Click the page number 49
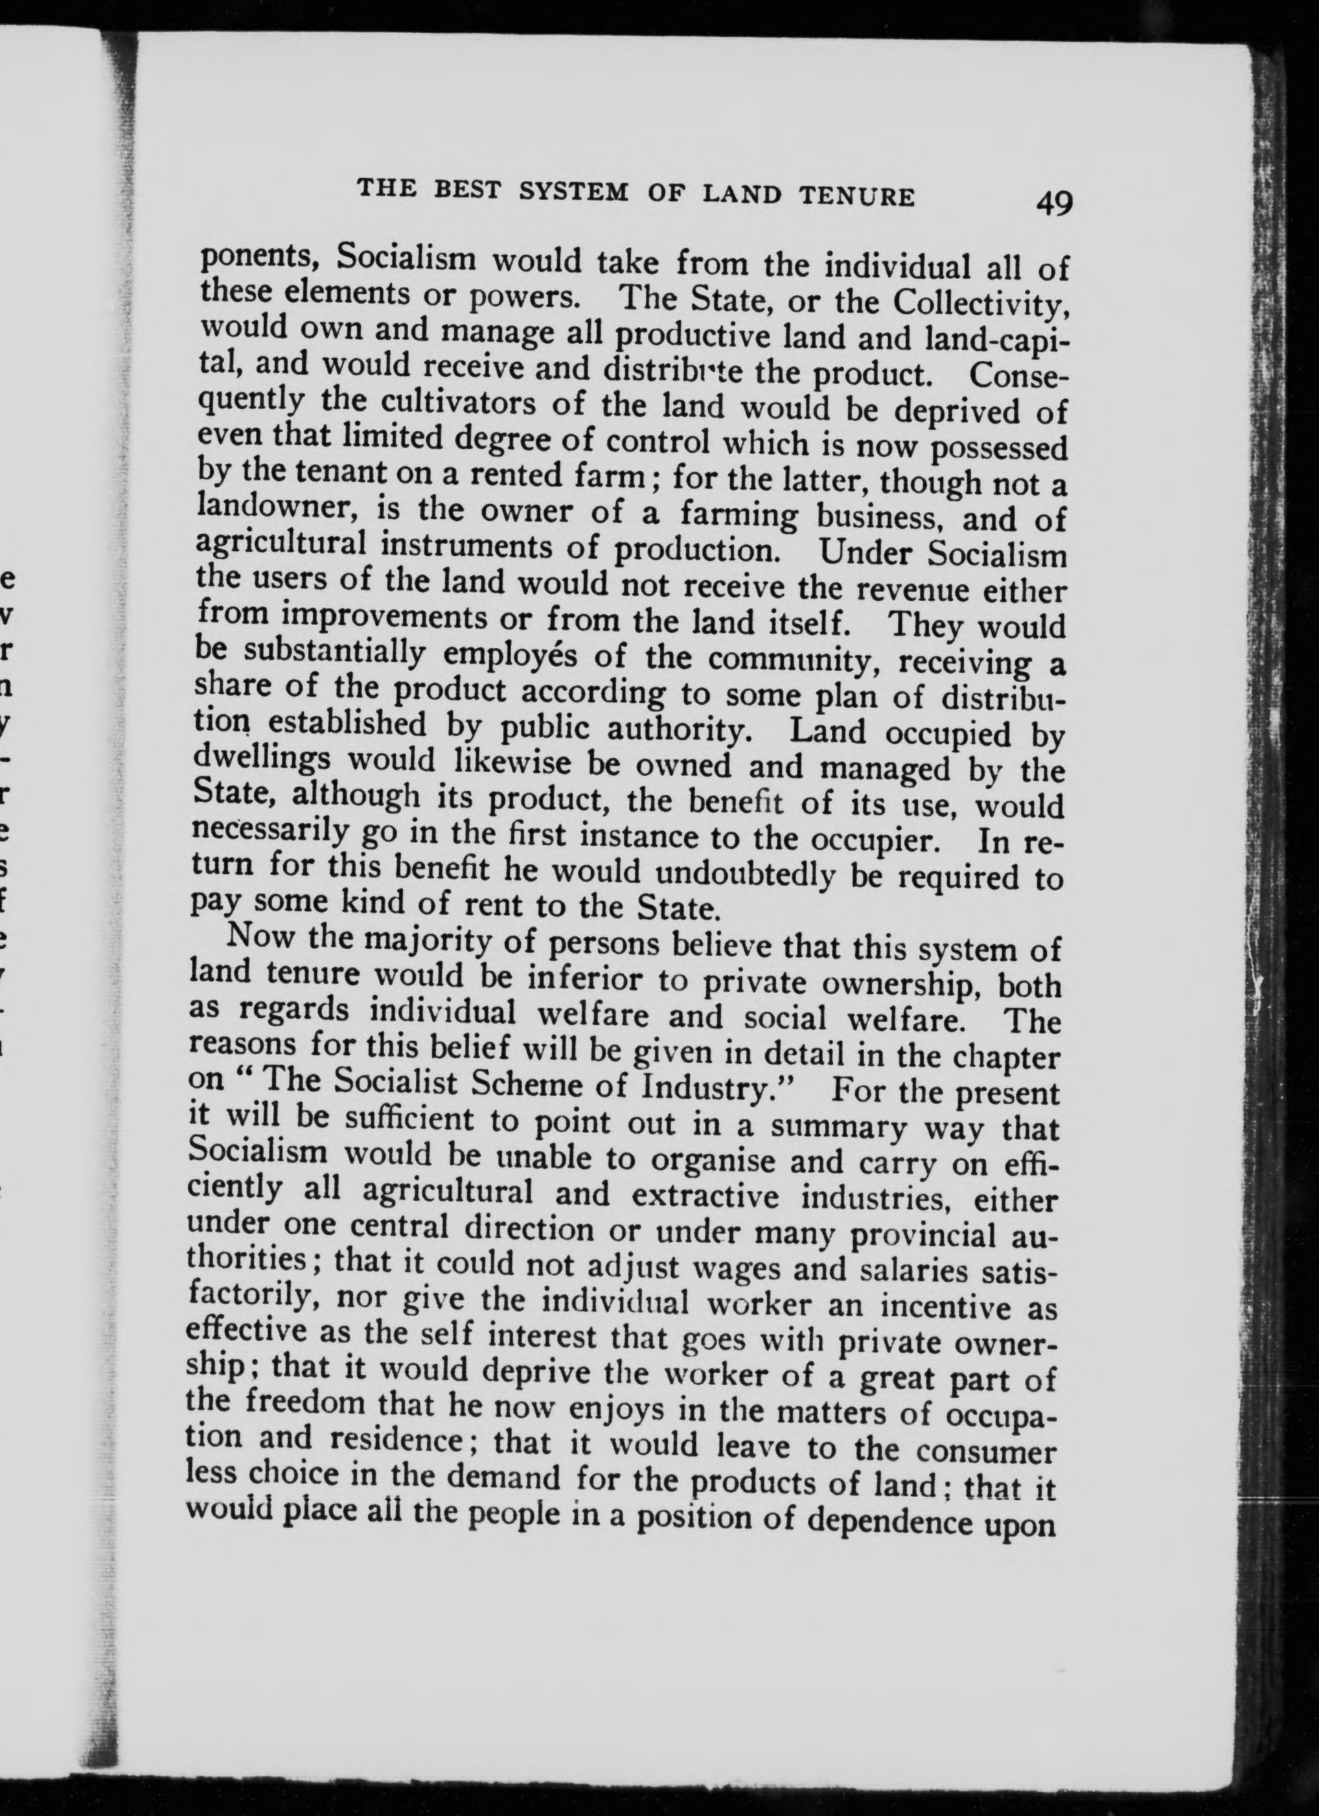pyautogui.click(x=1053, y=204)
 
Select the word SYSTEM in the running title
pyautogui.click(x=573, y=193)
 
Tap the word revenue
pyautogui.click(x=915, y=590)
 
